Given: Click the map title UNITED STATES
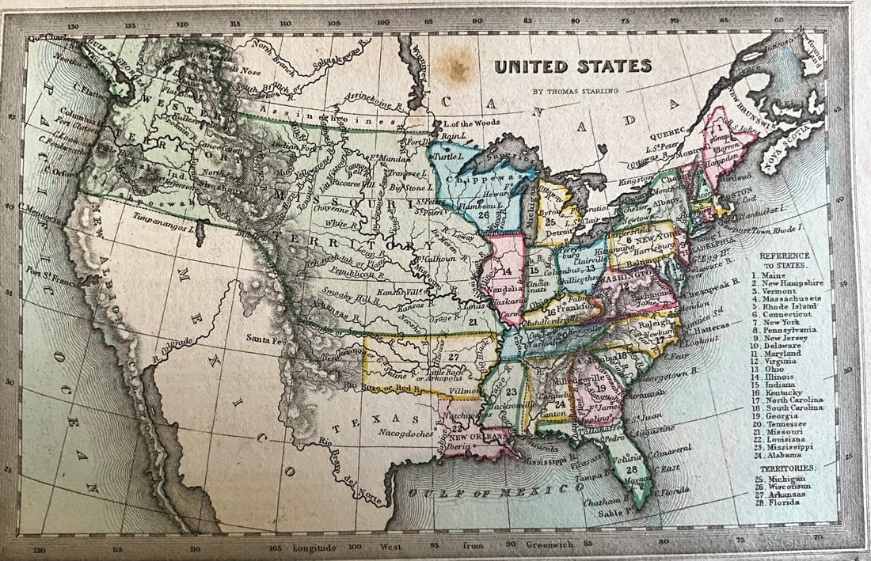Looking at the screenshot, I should [x=572, y=66].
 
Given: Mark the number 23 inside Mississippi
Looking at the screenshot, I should [x=512, y=392].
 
